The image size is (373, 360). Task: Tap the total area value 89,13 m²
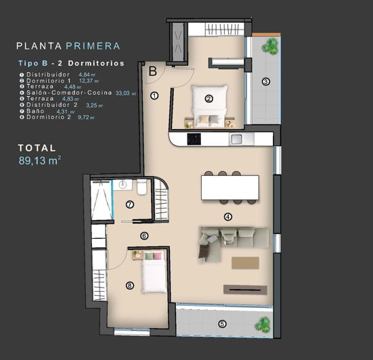pyautogui.click(x=40, y=161)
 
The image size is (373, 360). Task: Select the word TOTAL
pyautogui.click(x=37, y=148)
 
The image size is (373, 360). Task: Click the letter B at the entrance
pyautogui.click(x=153, y=70)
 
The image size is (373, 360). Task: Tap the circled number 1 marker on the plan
pyautogui.click(x=154, y=96)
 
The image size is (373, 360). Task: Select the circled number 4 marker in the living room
pyautogui.click(x=228, y=217)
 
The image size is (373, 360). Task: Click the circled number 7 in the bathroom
pyautogui.click(x=129, y=204)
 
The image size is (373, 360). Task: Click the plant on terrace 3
pyautogui.click(x=271, y=46)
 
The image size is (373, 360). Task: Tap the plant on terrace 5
pyautogui.click(x=262, y=324)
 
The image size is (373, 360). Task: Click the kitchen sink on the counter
pyautogui.click(x=237, y=139)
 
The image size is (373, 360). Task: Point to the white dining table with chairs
pyautogui.click(x=230, y=187)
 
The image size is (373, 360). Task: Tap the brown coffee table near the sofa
pyautogui.click(x=245, y=262)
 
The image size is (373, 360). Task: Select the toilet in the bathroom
pyautogui.click(x=142, y=187)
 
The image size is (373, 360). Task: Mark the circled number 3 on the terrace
pyautogui.click(x=266, y=82)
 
